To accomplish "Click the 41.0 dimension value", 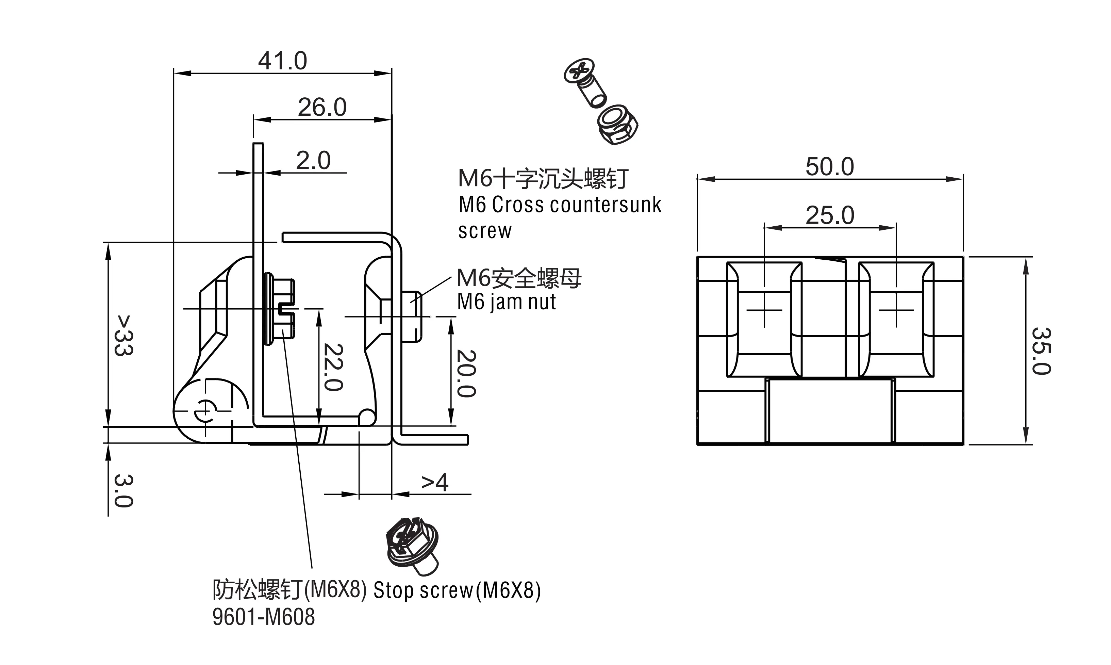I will click(x=283, y=61).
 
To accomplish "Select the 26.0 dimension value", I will click(x=322, y=108).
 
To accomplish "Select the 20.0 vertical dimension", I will click(x=466, y=373).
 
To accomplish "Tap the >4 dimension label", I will click(x=434, y=483).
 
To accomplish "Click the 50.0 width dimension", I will click(x=829, y=167).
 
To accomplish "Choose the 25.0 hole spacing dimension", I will click(x=829, y=215).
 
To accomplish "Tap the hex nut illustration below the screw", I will click(x=617, y=125).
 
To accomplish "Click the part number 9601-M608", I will click(x=263, y=617).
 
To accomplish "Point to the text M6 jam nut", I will click(x=506, y=302).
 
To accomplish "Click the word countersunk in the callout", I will click(x=605, y=205).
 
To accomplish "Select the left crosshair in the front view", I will click(x=764, y=310).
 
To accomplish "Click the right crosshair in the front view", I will click(x=896, y=310).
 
